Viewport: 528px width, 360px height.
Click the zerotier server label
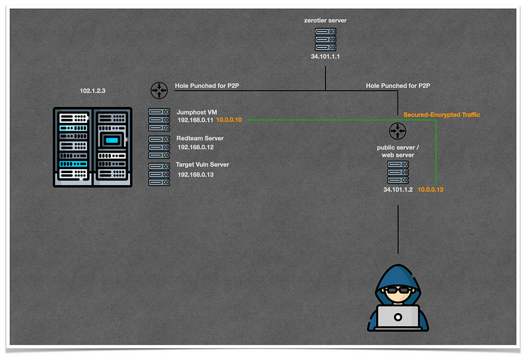[325, 20]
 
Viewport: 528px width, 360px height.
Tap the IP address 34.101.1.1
[325, 57]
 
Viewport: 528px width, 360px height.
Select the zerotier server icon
[325, 40]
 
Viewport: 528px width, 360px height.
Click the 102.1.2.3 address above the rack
[92, 91]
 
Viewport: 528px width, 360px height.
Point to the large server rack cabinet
[92, 147]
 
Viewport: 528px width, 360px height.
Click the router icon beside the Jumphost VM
[159, 90]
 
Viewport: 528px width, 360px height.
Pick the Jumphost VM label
[197, 112]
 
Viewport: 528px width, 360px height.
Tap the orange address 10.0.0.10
[229, 120]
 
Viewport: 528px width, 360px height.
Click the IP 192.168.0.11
[195, 120]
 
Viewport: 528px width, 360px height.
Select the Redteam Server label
[200, 138]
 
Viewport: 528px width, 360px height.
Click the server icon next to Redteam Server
[159, 147]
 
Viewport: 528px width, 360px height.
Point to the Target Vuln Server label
[203, 164]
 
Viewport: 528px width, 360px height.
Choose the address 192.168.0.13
[195, 174]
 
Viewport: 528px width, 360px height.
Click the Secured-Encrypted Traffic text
[442, 115]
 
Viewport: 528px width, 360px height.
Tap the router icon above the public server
[398, 131]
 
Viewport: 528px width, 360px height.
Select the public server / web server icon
[398, 172]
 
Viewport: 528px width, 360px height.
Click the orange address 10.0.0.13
[430, 190]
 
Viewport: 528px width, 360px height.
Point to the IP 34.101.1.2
[398, 190]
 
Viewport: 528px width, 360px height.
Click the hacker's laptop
[398, 318]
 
